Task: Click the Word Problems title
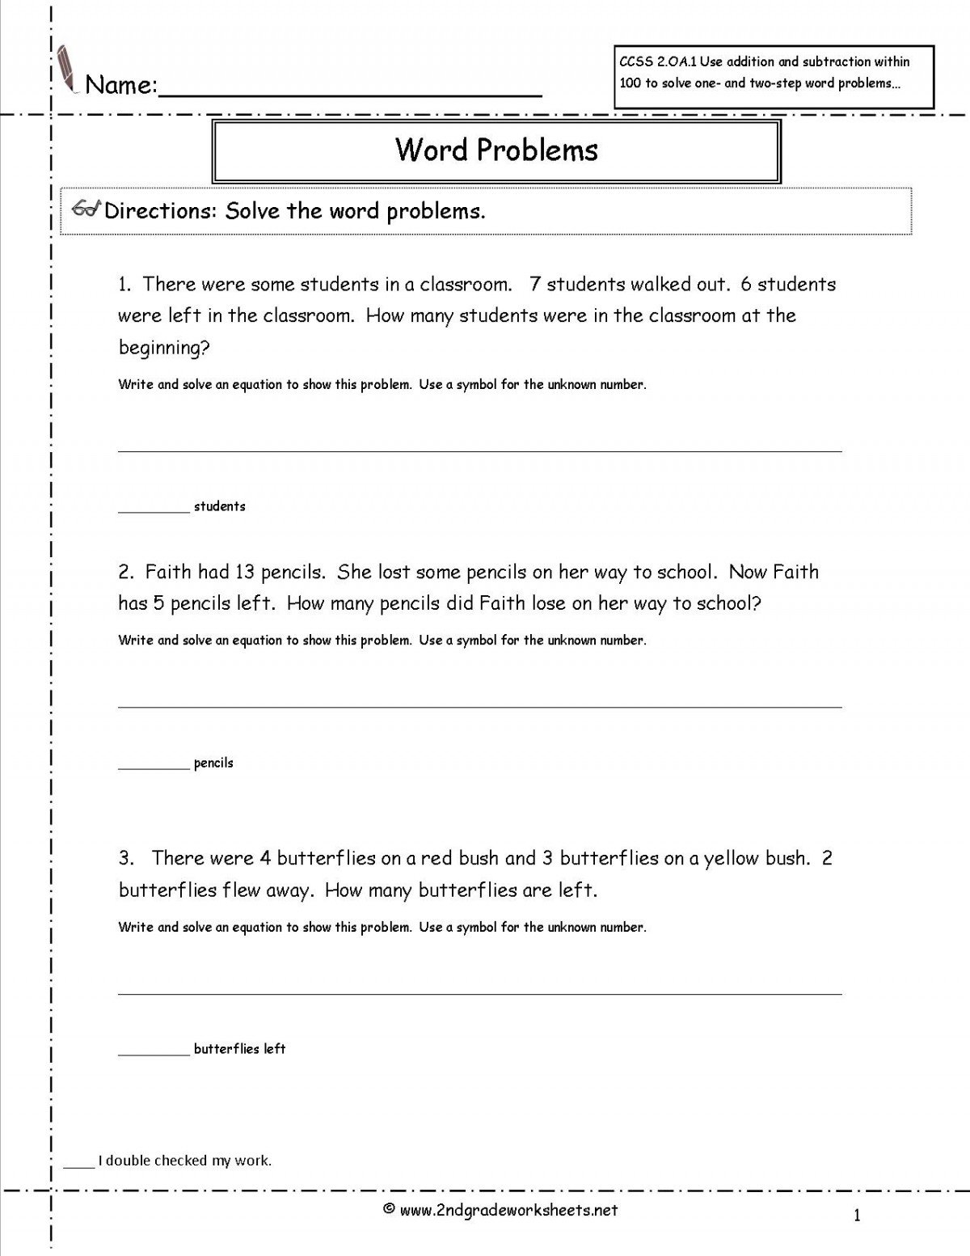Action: click(x=496, y=150)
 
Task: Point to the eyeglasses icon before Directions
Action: click(x=86, y=209)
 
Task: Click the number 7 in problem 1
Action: click(x=534, y=284)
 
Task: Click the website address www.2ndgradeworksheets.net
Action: click(x=508, y=1210)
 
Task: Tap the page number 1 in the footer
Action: click(x=857, y=1215)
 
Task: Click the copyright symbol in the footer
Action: click(x=388, y=1210)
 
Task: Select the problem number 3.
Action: click(x=124, y=858)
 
